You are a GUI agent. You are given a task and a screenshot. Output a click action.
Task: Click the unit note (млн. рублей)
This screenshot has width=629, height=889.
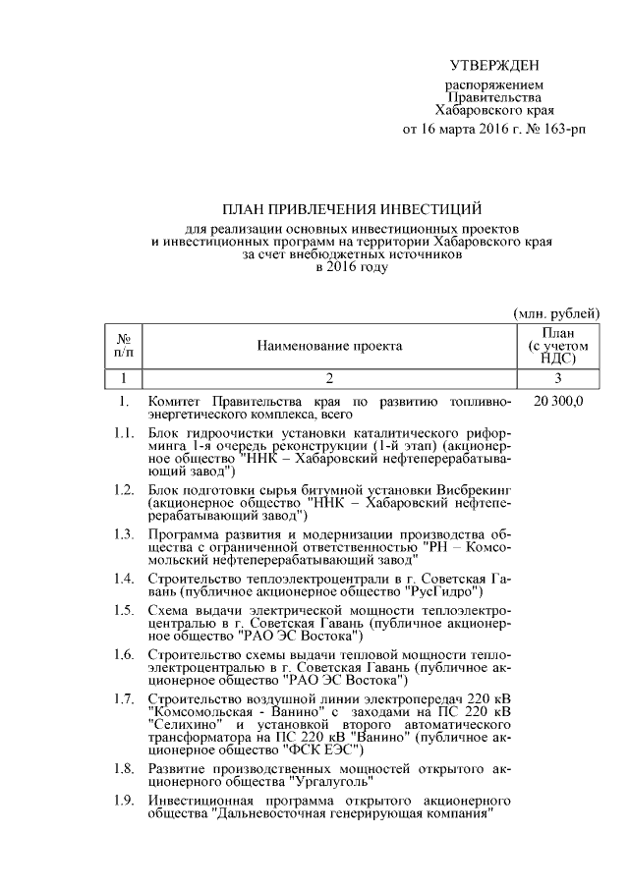[x=556, y=312]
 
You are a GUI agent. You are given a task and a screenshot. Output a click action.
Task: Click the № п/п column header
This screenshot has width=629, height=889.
[x=124, y=345]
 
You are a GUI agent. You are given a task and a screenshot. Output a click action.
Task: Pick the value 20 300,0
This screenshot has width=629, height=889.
[x=557, y=402]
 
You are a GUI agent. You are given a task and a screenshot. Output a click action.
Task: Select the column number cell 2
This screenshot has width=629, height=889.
[x=329, y=378]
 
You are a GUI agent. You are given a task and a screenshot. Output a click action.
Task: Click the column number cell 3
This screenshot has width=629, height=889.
[x=557, y=378]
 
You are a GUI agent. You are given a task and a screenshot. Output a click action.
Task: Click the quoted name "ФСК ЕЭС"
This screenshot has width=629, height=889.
[x=319, y=750]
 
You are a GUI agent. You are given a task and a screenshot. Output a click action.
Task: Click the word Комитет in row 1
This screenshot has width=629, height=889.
[x=174, y=402]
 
